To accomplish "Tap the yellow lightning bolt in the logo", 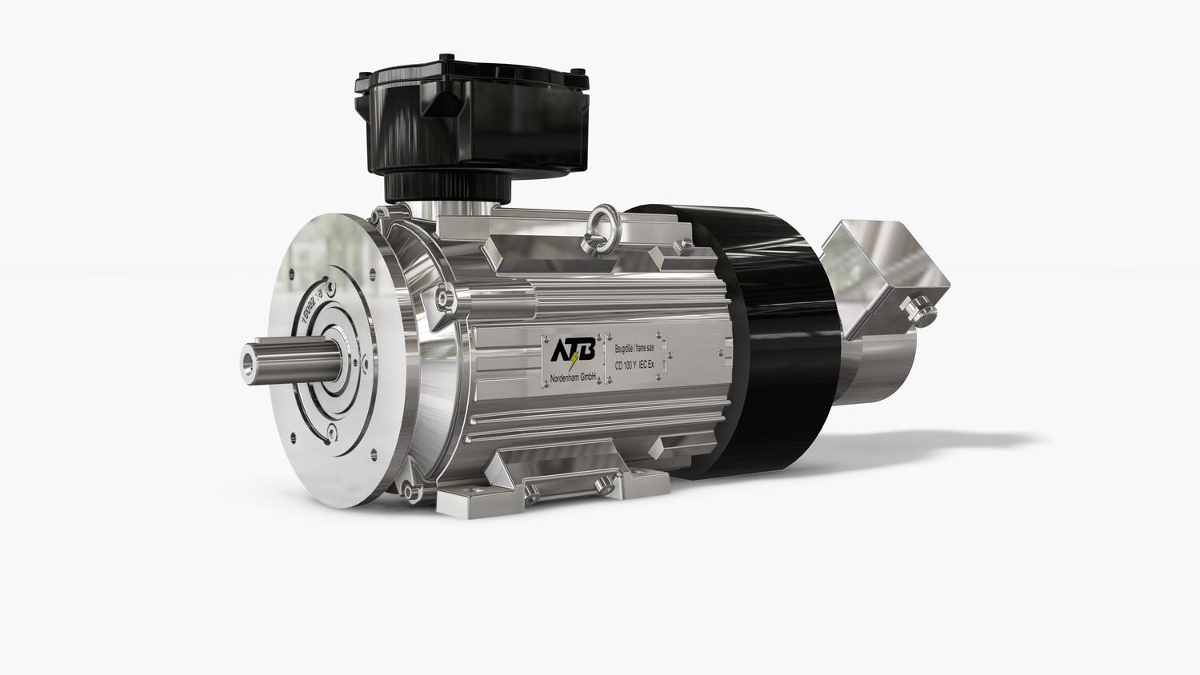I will click(572, 361).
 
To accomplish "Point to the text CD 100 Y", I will click(625, 365).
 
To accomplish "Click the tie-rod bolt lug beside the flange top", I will click(442, 298).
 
